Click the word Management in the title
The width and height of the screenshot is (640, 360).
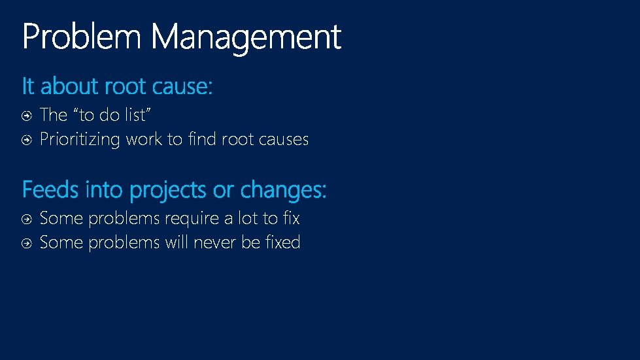(x=246, y=37)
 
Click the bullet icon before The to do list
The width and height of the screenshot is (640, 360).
(x=26, y=116)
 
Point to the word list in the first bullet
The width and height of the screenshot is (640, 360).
(x=138, y=115)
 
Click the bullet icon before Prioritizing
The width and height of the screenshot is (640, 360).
(x=26, y=140)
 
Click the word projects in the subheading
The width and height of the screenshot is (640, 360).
(x=169, y=190)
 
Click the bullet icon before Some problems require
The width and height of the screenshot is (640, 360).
(x=26, y=219)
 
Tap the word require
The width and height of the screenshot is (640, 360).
(x=192, y=218)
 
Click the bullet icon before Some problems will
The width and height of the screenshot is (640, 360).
(x=26, y=243)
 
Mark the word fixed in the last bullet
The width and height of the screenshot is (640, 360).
(x=283, y=242)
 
